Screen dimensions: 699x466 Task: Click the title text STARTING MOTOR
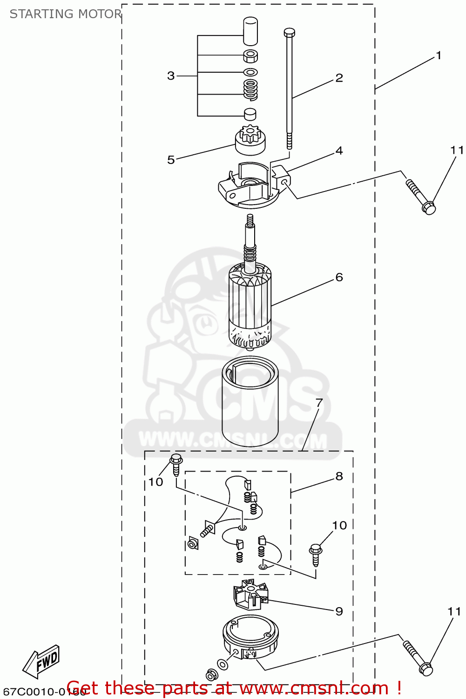66,14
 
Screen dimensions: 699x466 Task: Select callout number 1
438,55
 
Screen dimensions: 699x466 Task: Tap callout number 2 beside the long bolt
339,78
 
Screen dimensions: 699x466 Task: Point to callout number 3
171,75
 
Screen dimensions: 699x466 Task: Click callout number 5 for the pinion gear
171,160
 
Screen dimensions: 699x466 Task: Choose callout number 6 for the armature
339,277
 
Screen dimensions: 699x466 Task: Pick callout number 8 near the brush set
339,476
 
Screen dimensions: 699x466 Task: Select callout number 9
339,611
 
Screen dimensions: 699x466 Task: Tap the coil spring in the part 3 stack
250,89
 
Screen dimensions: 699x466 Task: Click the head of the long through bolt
289,32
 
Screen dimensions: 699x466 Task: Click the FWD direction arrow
42,662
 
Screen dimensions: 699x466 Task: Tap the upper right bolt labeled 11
422,198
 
